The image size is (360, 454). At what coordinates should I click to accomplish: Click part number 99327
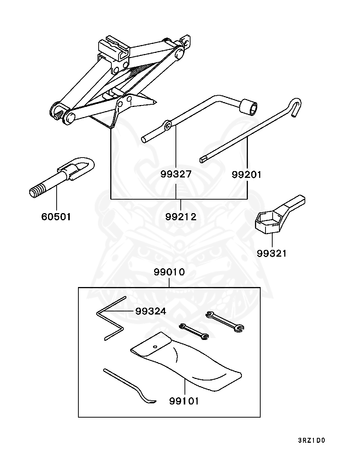coord(176,174)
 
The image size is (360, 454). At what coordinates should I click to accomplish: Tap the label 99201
coord(247,174)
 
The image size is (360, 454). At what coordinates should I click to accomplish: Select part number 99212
coord(181,216)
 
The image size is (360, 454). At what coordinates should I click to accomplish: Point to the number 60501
coord(56,216)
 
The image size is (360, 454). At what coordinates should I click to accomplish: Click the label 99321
coord(272,253)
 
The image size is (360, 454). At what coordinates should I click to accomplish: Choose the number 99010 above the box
coord(169,272)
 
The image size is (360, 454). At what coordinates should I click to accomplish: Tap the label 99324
coord(150,311)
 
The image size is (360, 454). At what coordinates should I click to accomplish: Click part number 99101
coord(184,401)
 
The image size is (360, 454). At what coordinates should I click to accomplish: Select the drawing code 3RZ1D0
coord(312,440)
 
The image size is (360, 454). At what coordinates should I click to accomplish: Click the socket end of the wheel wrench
coord(249,107)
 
